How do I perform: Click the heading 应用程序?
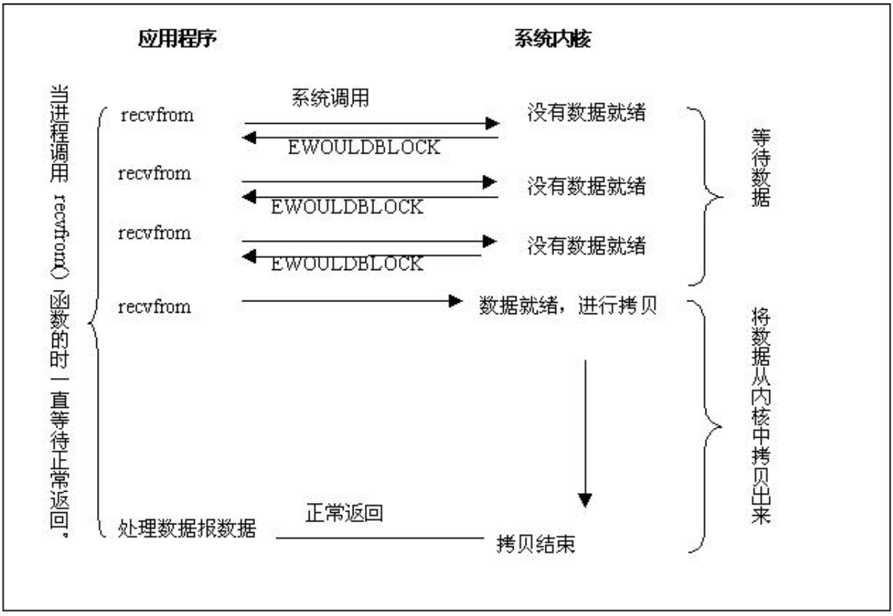[x=177, y=39]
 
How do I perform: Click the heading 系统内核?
[x=552, y=39]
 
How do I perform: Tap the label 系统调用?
[x=330, y=98]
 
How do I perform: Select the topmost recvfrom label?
[x=157, y=115]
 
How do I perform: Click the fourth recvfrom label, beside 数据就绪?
[x=154, y=307]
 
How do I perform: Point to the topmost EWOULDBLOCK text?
[x=364, y=147]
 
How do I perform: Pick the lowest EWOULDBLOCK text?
[x=346, y=263]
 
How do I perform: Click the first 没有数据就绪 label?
[x=586, y=112]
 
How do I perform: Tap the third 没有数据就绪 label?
[x=586, y=245]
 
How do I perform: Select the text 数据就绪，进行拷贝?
[x=568, y=305]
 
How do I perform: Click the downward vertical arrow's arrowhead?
[x=585, y=500]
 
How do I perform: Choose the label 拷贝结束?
[x=536, y=544]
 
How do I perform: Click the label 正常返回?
[x=344, y=513]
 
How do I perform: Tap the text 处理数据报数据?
[x=187, y=530]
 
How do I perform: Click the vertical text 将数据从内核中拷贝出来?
[x=761, y=416]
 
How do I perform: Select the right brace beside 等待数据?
[x=706, y=197]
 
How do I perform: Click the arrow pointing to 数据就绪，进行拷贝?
[x=352, y=301]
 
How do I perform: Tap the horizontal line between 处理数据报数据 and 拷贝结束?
[x=379, y=538]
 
